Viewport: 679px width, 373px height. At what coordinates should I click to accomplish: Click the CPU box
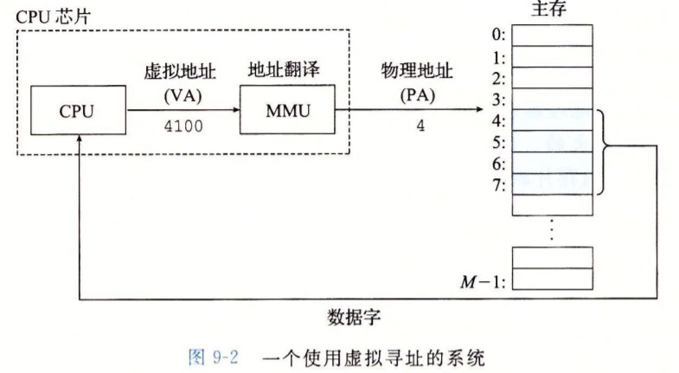(77, 112)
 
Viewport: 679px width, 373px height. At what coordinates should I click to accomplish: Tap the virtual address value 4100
(182, 126)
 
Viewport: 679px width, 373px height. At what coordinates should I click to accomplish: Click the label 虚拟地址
(182, 74)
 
